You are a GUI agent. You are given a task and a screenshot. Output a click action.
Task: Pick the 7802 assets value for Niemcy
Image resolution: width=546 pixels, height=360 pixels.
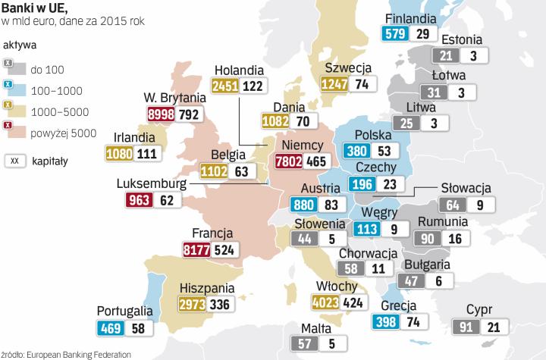point(290,161)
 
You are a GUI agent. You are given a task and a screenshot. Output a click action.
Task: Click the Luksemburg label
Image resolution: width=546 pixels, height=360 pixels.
point(152,183)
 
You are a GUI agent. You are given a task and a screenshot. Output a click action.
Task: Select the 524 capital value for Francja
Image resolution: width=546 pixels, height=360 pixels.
point(225,249)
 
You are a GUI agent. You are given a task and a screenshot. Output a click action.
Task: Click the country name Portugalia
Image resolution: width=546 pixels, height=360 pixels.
point(125,311)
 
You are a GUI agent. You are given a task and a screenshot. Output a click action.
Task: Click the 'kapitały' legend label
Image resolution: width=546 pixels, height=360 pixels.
point(50,161)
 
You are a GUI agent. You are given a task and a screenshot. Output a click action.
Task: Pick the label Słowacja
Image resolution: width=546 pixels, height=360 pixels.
point(466,188)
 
